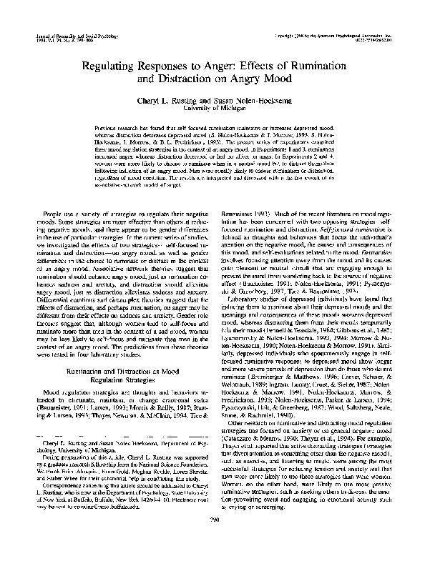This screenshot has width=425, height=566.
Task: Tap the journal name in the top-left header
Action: (79, 34)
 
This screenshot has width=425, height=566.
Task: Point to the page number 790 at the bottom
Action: (212, 541)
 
